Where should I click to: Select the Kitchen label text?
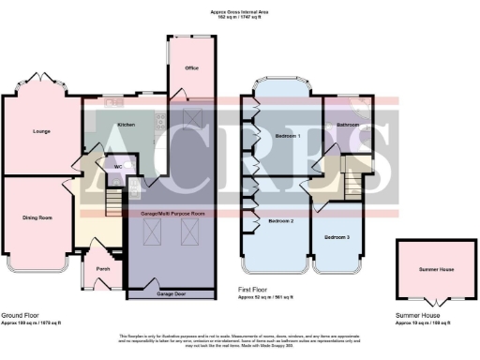pos(126,125)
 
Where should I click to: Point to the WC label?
pos(118,168)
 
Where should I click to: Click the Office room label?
pos(190,68)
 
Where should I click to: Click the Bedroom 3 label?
pos(337,238)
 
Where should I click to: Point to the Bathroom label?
pos(351,125)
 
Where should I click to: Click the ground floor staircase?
pos(112,202)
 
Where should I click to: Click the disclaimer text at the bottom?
pos(239,337)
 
